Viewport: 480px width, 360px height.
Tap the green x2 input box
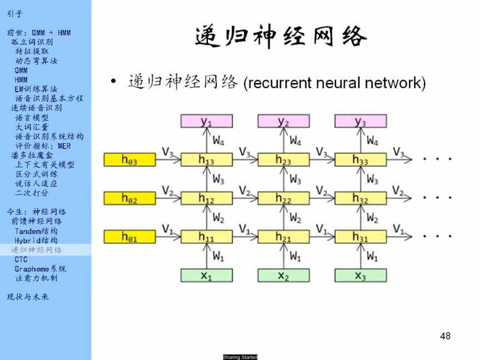[x=283, y=276]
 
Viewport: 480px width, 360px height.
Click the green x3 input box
[x=360, y=276]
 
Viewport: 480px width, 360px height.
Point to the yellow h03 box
[x=129, y=160]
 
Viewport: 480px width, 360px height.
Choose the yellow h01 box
[x=129, y=237]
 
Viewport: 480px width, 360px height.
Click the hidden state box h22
[x=283, y=199]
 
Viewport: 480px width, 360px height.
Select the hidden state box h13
[x=206, y=160]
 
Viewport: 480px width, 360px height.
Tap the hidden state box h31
[x=360, y=237]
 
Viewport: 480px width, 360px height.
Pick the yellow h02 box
[x=129, y=199]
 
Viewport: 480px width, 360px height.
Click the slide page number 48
[x=445, y=336]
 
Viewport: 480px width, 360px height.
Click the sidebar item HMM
[x=21, y=80]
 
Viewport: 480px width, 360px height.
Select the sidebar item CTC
[x=21, y=259]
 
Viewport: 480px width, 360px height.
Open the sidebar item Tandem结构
[x=36, y=231]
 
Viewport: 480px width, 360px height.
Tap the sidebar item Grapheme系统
[x=41, y=268]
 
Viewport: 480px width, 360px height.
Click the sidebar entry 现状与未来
[x=28, y=297]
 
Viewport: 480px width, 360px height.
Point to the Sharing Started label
[x=240, y=357]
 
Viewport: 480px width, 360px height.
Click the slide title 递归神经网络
[x=281, y=37]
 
